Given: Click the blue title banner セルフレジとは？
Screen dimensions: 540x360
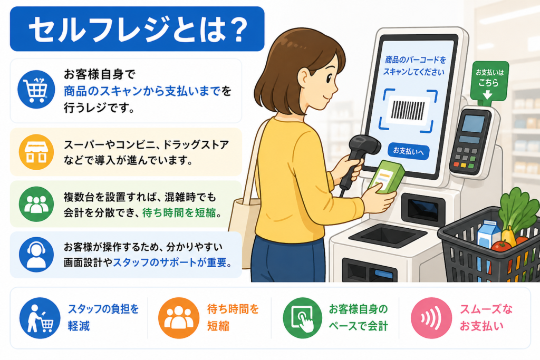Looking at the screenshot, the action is pyautogui.click(x=137, y=29).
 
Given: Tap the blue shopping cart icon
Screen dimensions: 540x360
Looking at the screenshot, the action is pyautogui.click(x=36, y=90).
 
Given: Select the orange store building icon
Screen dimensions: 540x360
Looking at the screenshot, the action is pyautogui.click(x=36, y=152).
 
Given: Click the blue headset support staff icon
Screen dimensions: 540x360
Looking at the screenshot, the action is pyautogui.click(x=36, y=255).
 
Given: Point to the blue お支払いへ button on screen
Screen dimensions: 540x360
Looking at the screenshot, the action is pyautogui.click(x=409, y=151).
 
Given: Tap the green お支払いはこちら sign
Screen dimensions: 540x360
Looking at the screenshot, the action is pyautogui.click(x=489, y=81).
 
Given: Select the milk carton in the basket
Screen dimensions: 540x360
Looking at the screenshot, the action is pyautogui.click(x=489, y=233).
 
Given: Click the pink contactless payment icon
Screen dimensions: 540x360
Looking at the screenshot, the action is pyautogui.click(x=431, y=318).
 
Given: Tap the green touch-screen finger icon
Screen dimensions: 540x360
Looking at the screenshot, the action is pyautogui.click(x=302, y=318).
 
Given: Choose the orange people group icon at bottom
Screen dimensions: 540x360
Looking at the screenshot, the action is pyautogui.click(x=178, y=318).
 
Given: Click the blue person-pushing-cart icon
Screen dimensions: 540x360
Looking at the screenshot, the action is pyautogui.click(x=40, y=318).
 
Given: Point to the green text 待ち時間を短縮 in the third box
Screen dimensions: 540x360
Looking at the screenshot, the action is pyautogui.click(x=179, y=213).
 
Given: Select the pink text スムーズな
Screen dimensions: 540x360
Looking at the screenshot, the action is pyautogui.click(x=486, y=309).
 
